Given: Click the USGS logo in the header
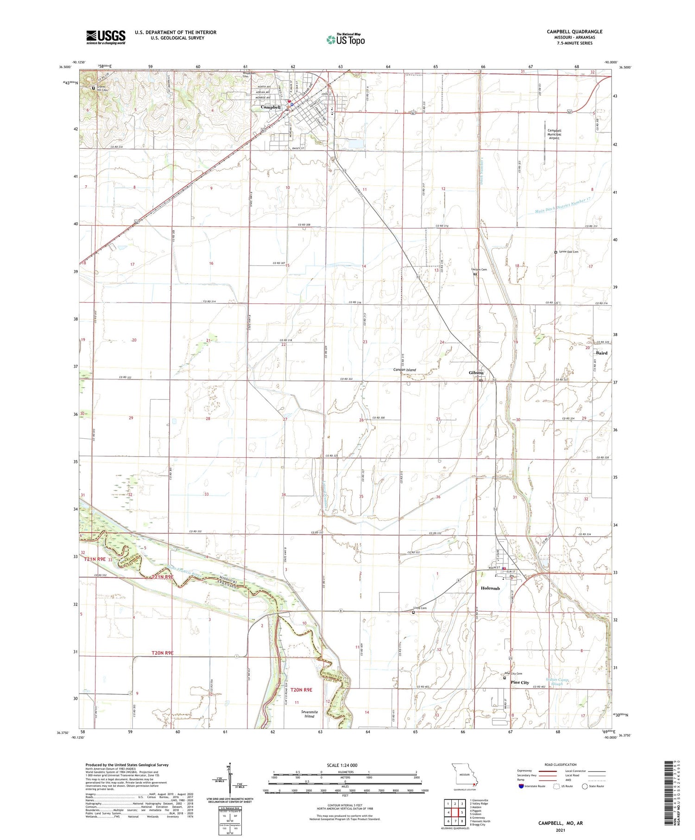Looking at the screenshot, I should (106, 37).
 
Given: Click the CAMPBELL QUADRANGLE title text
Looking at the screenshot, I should (574, 32).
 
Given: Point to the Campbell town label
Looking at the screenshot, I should (271, 107).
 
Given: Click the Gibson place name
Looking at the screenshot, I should (476, 373).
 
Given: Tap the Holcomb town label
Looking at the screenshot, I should (490, 588).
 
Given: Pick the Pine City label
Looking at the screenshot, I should (519, 682).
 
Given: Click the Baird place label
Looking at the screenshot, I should (601, 353).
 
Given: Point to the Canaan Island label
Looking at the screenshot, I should (404, 370).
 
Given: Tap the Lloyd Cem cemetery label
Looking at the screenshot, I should (420, 608).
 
